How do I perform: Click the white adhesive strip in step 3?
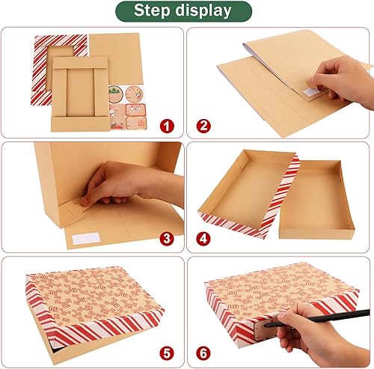click(x=88, y=240)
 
